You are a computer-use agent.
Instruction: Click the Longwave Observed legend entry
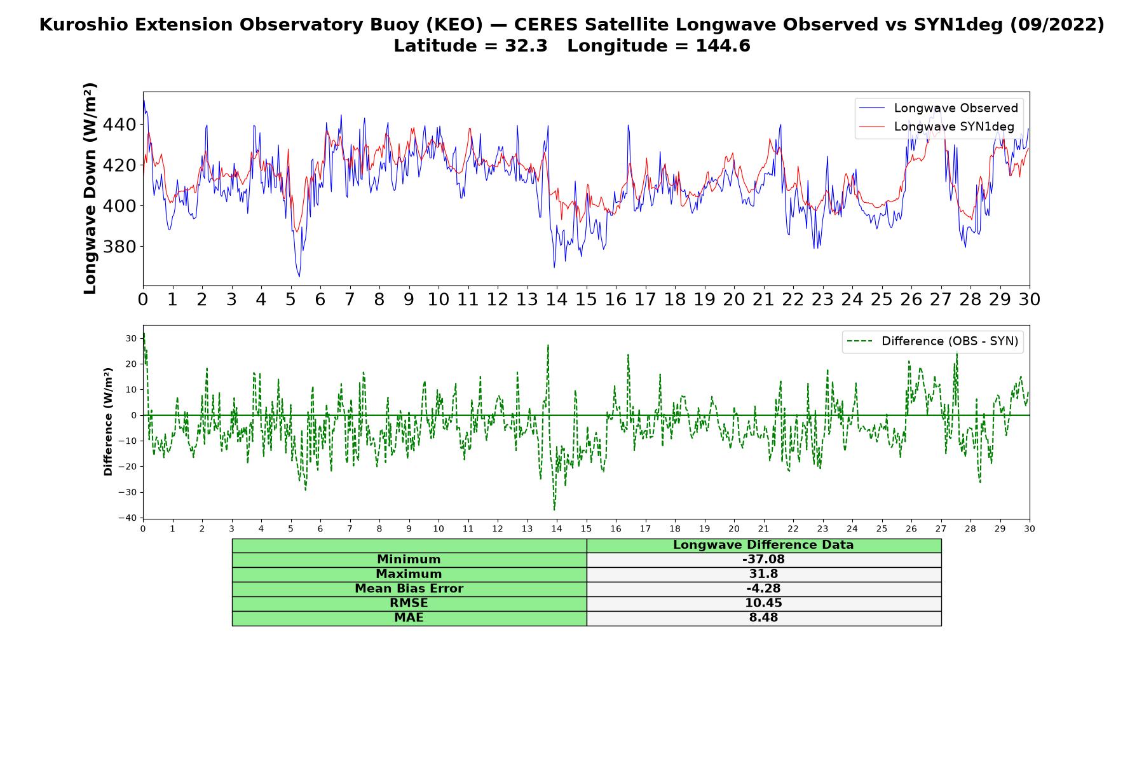coord(938,108)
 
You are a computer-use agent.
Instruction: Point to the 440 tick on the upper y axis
coord(119,125)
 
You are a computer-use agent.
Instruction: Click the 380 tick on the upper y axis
coord(119,247)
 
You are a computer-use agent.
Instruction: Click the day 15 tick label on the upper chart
coord(586,299)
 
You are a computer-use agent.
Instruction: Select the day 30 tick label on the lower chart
coord(1030,528)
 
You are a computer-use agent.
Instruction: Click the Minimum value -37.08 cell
coord(763,560)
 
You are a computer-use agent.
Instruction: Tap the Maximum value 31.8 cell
coord(763,574)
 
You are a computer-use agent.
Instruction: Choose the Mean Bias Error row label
coord(409,589)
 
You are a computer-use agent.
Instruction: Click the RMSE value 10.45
coord(763,603)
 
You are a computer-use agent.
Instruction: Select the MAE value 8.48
coord(763,618)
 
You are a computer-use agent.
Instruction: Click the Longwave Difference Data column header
coord(763,545)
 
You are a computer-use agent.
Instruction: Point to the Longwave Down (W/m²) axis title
coord(90,188)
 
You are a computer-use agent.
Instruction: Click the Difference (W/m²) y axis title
coord(108,422)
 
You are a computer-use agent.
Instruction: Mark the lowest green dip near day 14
coord(554,510)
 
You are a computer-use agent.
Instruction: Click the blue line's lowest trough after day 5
coord(299,277)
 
